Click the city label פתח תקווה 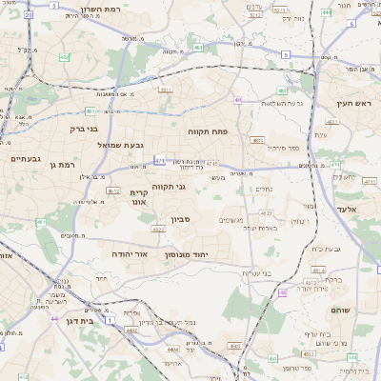(204, 131)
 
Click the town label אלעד (346, 209)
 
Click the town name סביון (181, 219)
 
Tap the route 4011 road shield (166, 90)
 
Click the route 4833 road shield (256, 140)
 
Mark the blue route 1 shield (110, 321)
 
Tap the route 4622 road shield (267, 212)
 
